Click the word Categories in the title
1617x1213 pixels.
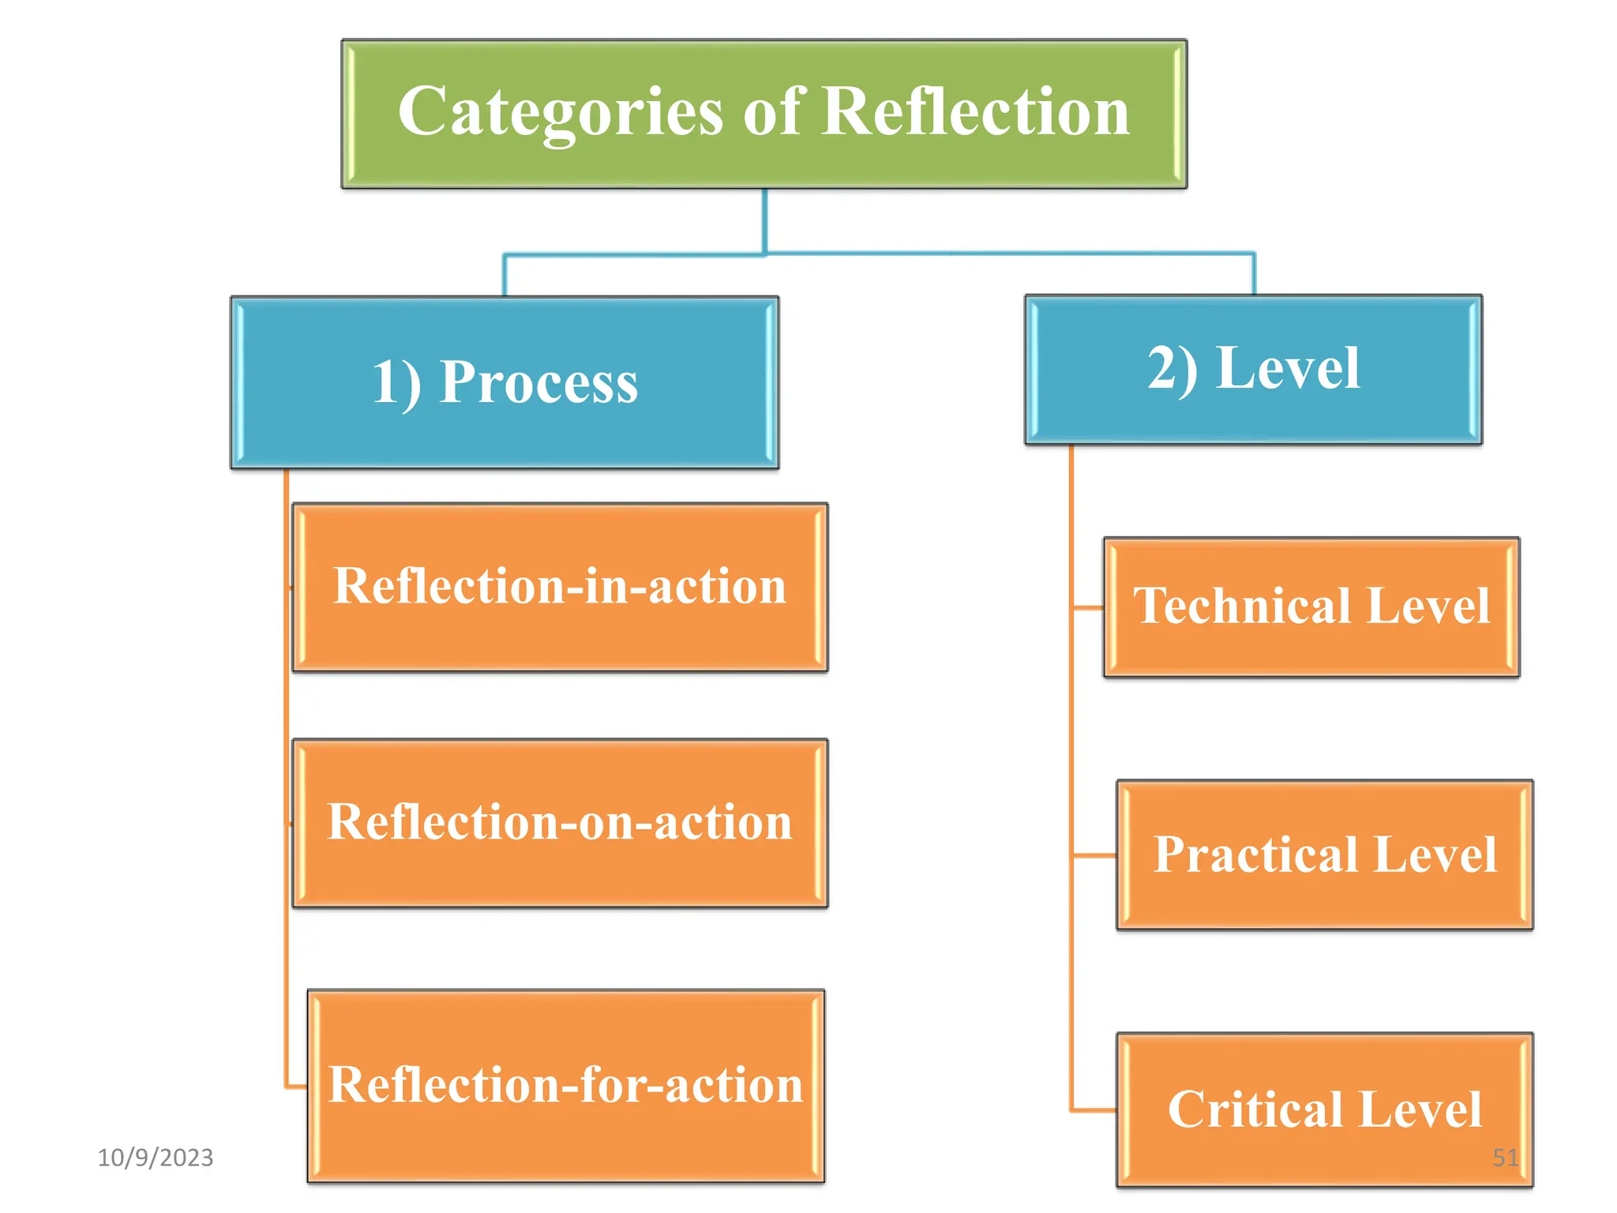click(561, 113)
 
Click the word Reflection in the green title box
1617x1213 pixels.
click(976, 111)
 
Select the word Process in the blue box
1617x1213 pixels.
click(538, 383)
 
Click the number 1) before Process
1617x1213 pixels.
click(396, 383)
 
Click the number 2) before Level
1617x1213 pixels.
click(1172, 369)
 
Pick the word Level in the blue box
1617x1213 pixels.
click(1288, 369)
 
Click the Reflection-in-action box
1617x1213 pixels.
click(560, 587)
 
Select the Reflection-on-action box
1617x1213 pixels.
click(560, 823)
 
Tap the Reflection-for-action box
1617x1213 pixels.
click(565, 1085)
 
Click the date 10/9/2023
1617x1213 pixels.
click(156, 1158)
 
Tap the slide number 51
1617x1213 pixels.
click(1505, 1158)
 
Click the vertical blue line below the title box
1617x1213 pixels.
click(764, 221)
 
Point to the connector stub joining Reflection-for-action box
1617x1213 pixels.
click(297, 1087)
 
